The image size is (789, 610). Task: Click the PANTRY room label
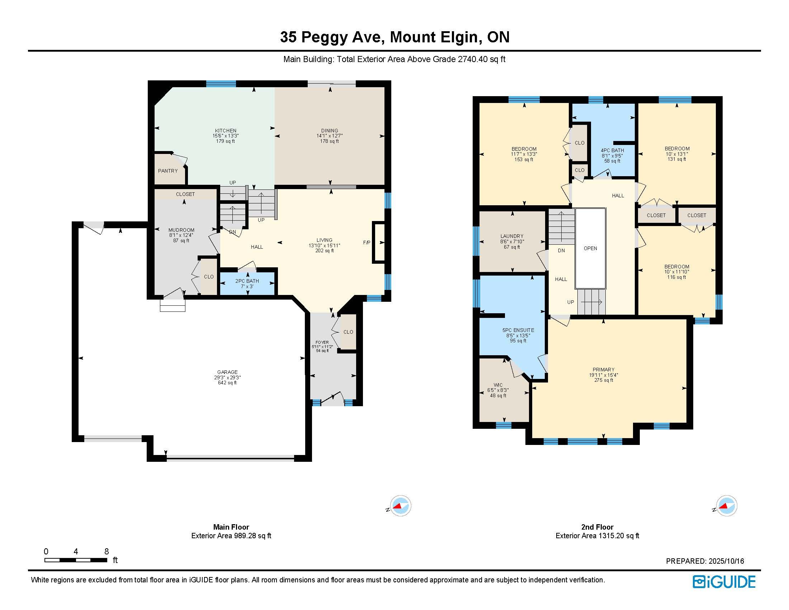167,170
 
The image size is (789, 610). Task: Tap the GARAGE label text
227,372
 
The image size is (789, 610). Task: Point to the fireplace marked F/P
379,243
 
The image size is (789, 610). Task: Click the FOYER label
322,342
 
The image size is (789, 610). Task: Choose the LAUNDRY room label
512,236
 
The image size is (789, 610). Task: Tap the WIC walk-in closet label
498,385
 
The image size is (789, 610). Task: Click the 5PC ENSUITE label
518,330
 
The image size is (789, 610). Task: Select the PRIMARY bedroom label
603,369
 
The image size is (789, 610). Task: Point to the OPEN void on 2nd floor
590,248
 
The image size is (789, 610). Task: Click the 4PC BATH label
612,150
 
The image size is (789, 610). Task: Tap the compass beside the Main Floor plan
401,506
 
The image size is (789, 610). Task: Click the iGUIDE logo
724,582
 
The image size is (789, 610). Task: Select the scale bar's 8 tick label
107,552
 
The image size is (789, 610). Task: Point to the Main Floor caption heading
231,527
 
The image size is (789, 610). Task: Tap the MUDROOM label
181,230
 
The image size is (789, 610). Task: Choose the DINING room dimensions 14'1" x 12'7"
330,136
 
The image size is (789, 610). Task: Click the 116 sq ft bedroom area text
676,277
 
